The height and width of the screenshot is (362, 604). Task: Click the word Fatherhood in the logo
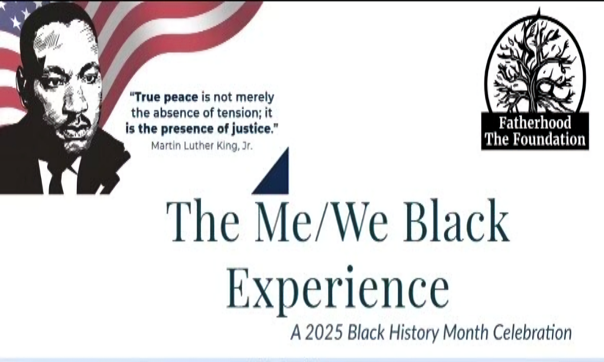[535, 123]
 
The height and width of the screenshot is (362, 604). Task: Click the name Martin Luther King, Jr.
[202, 146]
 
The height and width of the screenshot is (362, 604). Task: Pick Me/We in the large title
[321, 221]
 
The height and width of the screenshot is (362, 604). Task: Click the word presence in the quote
[188, 129]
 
